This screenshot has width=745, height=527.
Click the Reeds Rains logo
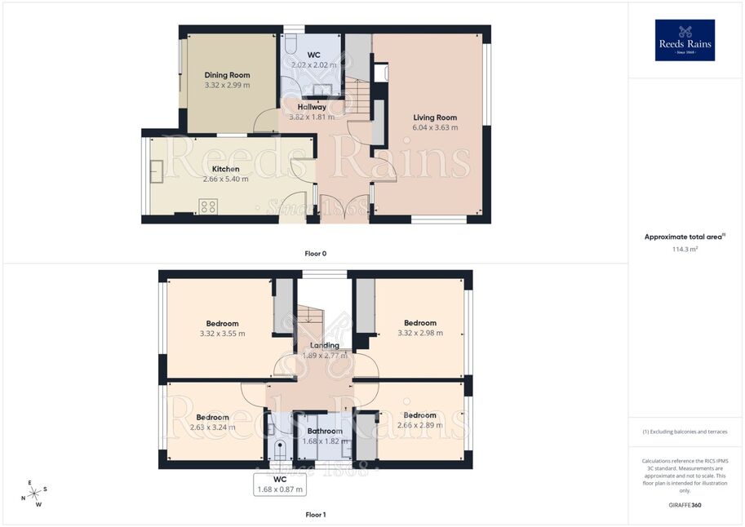(x=685, y=40)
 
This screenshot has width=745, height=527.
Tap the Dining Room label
(x=227, y=75)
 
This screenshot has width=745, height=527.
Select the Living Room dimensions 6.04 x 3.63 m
(x=435, y=128)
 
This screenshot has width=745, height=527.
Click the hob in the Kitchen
(x=209, y=206)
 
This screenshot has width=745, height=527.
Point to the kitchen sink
(x=157, y=171)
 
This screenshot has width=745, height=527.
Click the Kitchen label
(x=226, y=169)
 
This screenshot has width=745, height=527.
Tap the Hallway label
(x=312, y=107)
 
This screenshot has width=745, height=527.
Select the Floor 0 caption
(x=316, y=254)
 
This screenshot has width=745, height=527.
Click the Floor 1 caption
(x=316, y=515)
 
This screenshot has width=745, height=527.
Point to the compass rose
(x=34, y=494)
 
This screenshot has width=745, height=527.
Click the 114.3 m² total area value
(x=685, y=249)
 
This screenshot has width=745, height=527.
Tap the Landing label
(x=325, y=345)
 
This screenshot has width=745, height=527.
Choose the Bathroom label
(x=325, y=431)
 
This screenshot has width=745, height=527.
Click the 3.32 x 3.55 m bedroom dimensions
(x=223, y=334)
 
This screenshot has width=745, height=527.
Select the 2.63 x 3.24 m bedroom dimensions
(x=212, y=427)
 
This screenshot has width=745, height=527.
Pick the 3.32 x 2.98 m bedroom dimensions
(x=420, y=333)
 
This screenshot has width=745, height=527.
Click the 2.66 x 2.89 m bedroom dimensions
(x=420, y=425)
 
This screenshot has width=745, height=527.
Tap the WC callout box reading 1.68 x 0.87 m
(x=280, y=485)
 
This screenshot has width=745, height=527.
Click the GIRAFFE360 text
(x=685, y=505)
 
